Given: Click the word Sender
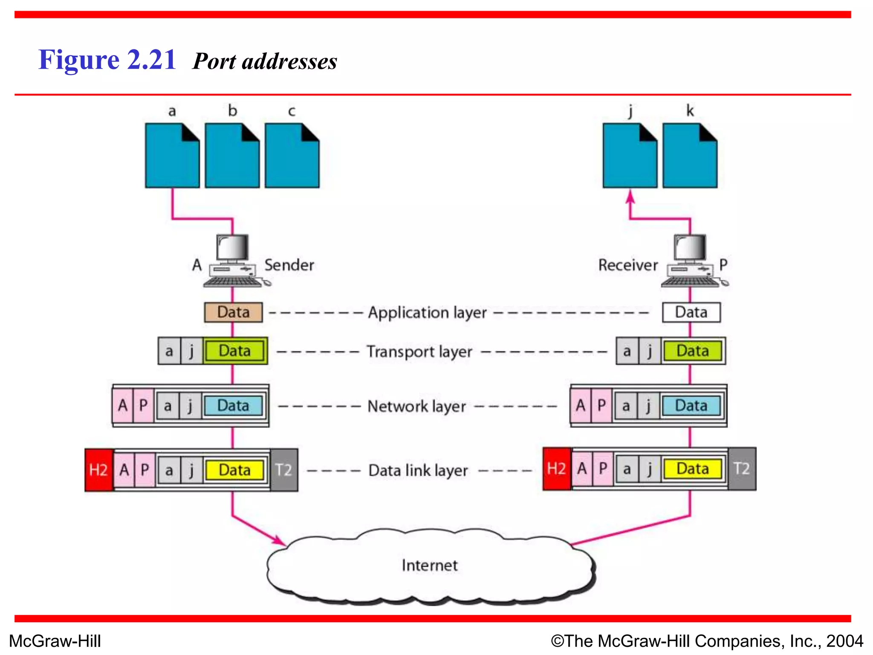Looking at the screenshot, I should click(x=289, y=265).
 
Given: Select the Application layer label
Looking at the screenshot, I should click(x=427, y=313).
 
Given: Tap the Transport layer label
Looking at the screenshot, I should click(x=419, y=352).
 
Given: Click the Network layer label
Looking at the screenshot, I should click(x=416, y=406).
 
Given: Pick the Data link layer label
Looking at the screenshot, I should click(x=418, y=470).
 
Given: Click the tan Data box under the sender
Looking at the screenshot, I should click(x=233, y=312).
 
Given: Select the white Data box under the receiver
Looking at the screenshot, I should click(x=691, y=312).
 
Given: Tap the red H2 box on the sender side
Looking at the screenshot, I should click(x=98, y=470).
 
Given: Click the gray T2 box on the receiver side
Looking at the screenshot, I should click(x=742, y=469).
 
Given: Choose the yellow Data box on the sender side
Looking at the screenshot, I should click(x=234, y=470).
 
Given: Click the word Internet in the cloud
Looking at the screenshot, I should click(x=429, y=565).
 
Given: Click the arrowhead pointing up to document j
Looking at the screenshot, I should click(x=630, y=197).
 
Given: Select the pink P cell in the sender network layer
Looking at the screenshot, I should click(x=144, y=405).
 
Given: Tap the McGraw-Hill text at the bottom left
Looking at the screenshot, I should click(x=55, y=641).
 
